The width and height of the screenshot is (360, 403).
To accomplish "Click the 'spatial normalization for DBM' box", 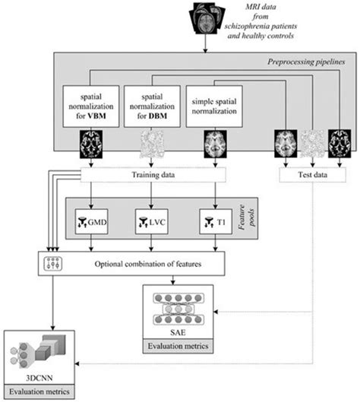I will tap(151, 111).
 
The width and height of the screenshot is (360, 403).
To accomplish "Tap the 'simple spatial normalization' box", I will tap(213, 111).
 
